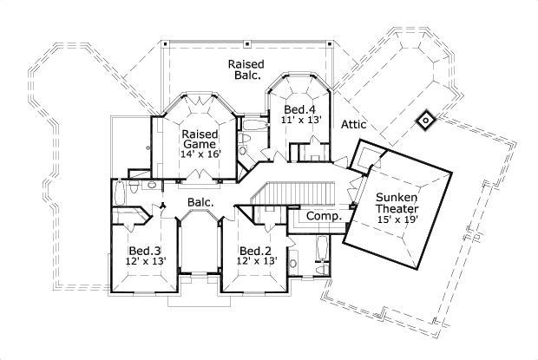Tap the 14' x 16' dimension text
coord(200,154)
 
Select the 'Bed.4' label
coord(299,109)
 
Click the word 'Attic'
coord(353,125)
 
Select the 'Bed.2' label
coord(256,252)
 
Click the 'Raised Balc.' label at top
coord(245,70)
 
